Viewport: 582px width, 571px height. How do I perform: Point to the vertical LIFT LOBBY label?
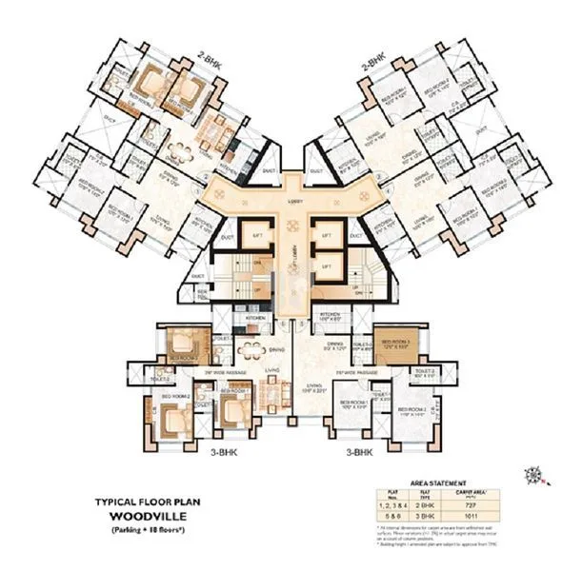[296, 252]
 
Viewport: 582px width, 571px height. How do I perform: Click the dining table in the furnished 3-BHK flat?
[251, 346]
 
